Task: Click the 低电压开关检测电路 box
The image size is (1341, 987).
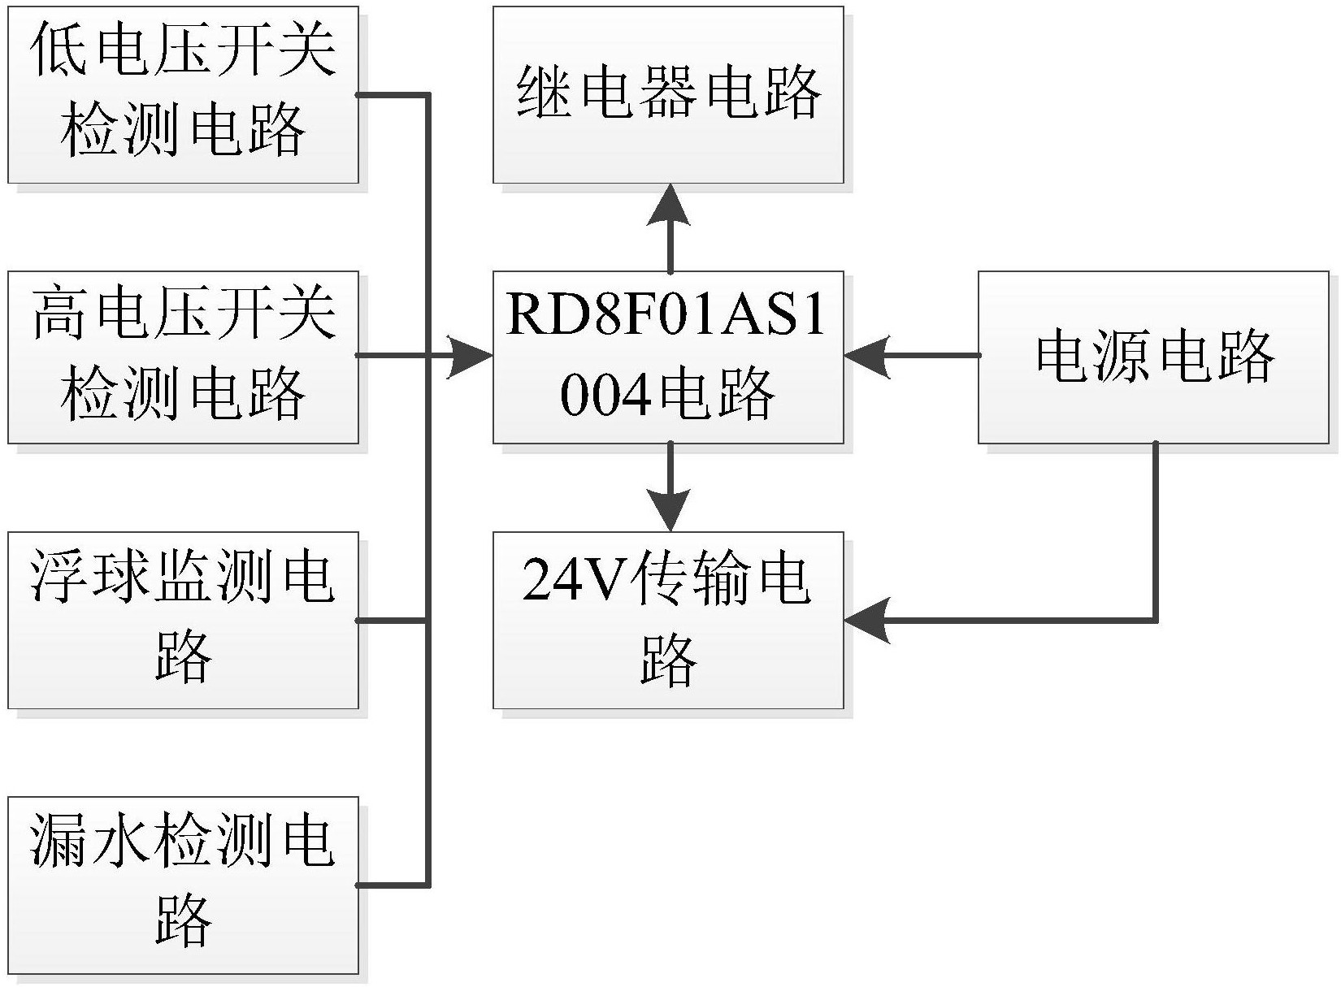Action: click(x=183, y=95)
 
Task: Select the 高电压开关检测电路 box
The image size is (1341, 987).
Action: click(x=183, y=357)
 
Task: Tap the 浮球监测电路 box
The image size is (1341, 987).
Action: click(x=183, y=621)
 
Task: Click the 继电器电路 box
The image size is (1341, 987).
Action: click(x=668, y=95)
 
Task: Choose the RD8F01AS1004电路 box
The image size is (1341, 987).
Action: click(x=668, y=357)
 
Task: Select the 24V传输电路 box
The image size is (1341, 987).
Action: click(x=668, y=621)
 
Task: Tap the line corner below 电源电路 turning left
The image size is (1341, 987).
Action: click(x=1154, y=620)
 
